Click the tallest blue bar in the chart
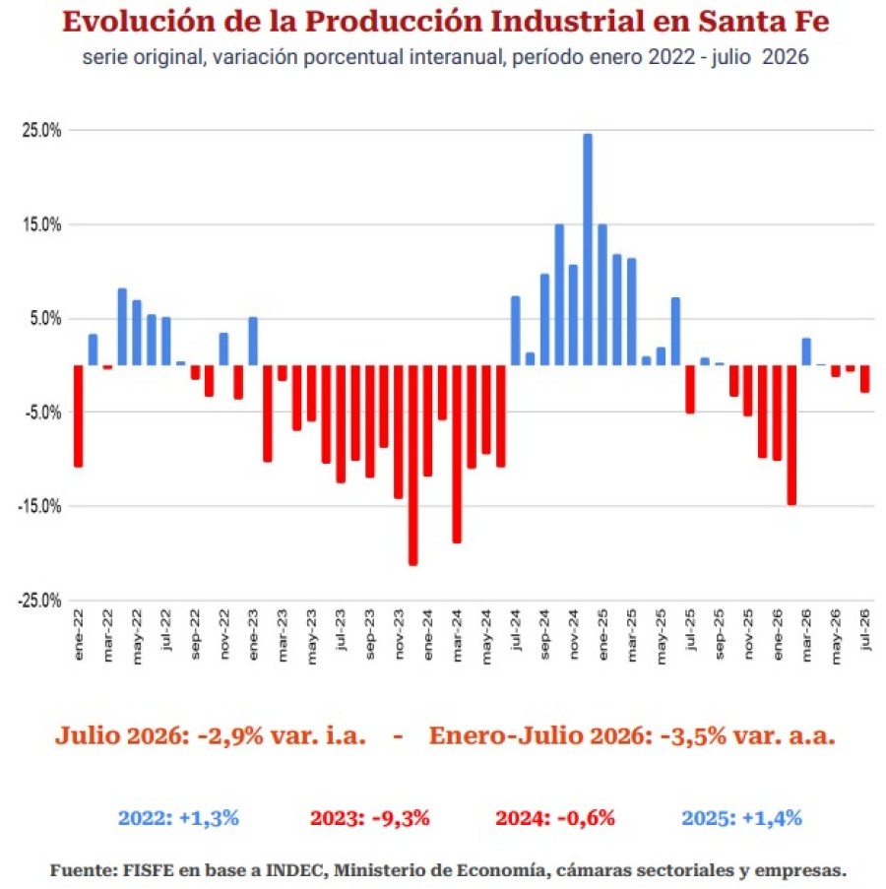(x=588, y=249)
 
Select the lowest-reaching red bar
(x=413, y=465)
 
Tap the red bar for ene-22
(x=78, y=415)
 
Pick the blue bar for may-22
(x=137, y=332)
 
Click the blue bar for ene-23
(x=253, y=341)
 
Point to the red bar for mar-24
(x=457, y=454)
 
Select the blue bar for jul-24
(x=515, y=331)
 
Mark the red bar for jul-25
(x=690, y=389)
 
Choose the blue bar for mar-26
(x=806, y=351)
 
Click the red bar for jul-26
(x=864, y=379)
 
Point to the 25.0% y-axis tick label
(x=41, y=130)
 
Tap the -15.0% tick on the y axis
(x=39, y=506)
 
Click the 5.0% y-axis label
(x=45, y=319)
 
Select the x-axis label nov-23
(x=399, y=634)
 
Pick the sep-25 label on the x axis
(x=719, y=634)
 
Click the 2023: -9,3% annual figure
(x=369, y=818)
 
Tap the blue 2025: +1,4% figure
(x=741, y=818)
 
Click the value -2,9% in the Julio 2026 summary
(x=230, y=735)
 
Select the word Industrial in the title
(x=567, y=22)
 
